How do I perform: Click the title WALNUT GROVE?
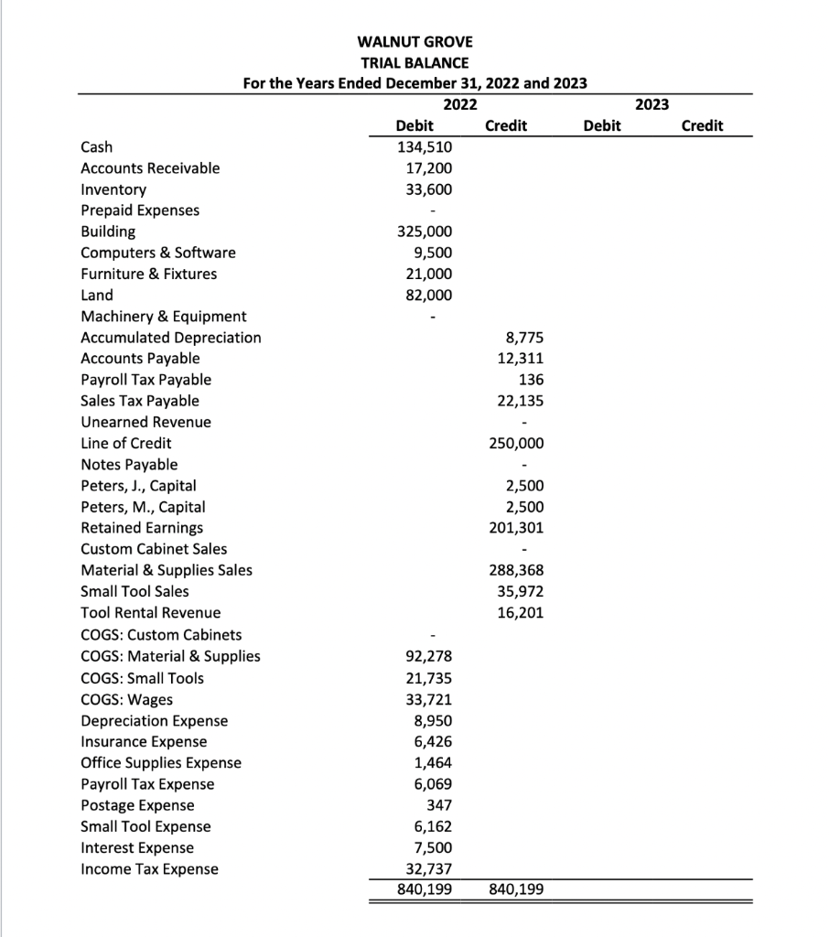point(414,42)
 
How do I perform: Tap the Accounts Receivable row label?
point(150,168)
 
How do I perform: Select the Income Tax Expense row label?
point(150,868)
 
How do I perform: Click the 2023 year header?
point(651,104)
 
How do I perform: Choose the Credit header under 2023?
point(702,125)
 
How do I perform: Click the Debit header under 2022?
point(414,125)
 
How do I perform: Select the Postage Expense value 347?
point(438,805)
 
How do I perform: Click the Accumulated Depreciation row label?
point(171,338)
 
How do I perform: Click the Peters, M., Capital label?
point(143,507)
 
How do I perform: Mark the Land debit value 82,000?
point(431,295)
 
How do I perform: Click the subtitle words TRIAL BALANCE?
point(414,62)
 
